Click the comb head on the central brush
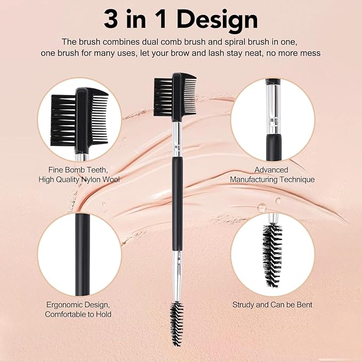point(175,96)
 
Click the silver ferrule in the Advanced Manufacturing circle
point(272,112)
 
